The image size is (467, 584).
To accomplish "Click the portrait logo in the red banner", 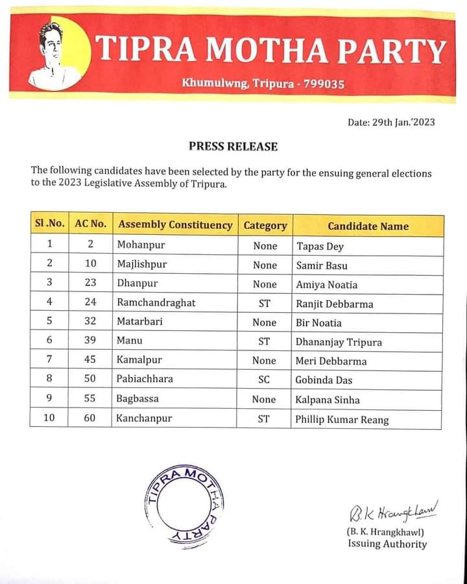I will tap(55, 55).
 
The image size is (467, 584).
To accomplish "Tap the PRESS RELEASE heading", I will tap(233, 147).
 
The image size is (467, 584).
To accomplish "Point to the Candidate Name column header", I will tap(368, 226).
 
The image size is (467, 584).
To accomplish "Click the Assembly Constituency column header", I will tap(175, 225).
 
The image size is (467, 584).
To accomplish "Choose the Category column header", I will tap(265, 226).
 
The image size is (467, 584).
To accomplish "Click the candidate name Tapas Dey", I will tap(320, 246).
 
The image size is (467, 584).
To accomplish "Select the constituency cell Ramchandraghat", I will tap(156, 303).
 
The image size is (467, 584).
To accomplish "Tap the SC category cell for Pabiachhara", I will tap(265, 380).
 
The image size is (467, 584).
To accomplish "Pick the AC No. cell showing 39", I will tap(90, 341).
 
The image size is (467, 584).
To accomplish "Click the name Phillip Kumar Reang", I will tap(342, 419).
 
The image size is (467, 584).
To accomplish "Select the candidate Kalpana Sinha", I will tap(328, 400).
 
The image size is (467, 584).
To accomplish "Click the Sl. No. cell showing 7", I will tap(49, 361).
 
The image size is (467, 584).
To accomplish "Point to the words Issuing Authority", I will tap(387, 544).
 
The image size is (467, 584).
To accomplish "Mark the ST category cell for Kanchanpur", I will tap(264, 419).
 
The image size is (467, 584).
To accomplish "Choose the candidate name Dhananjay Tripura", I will tap(339, 341).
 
